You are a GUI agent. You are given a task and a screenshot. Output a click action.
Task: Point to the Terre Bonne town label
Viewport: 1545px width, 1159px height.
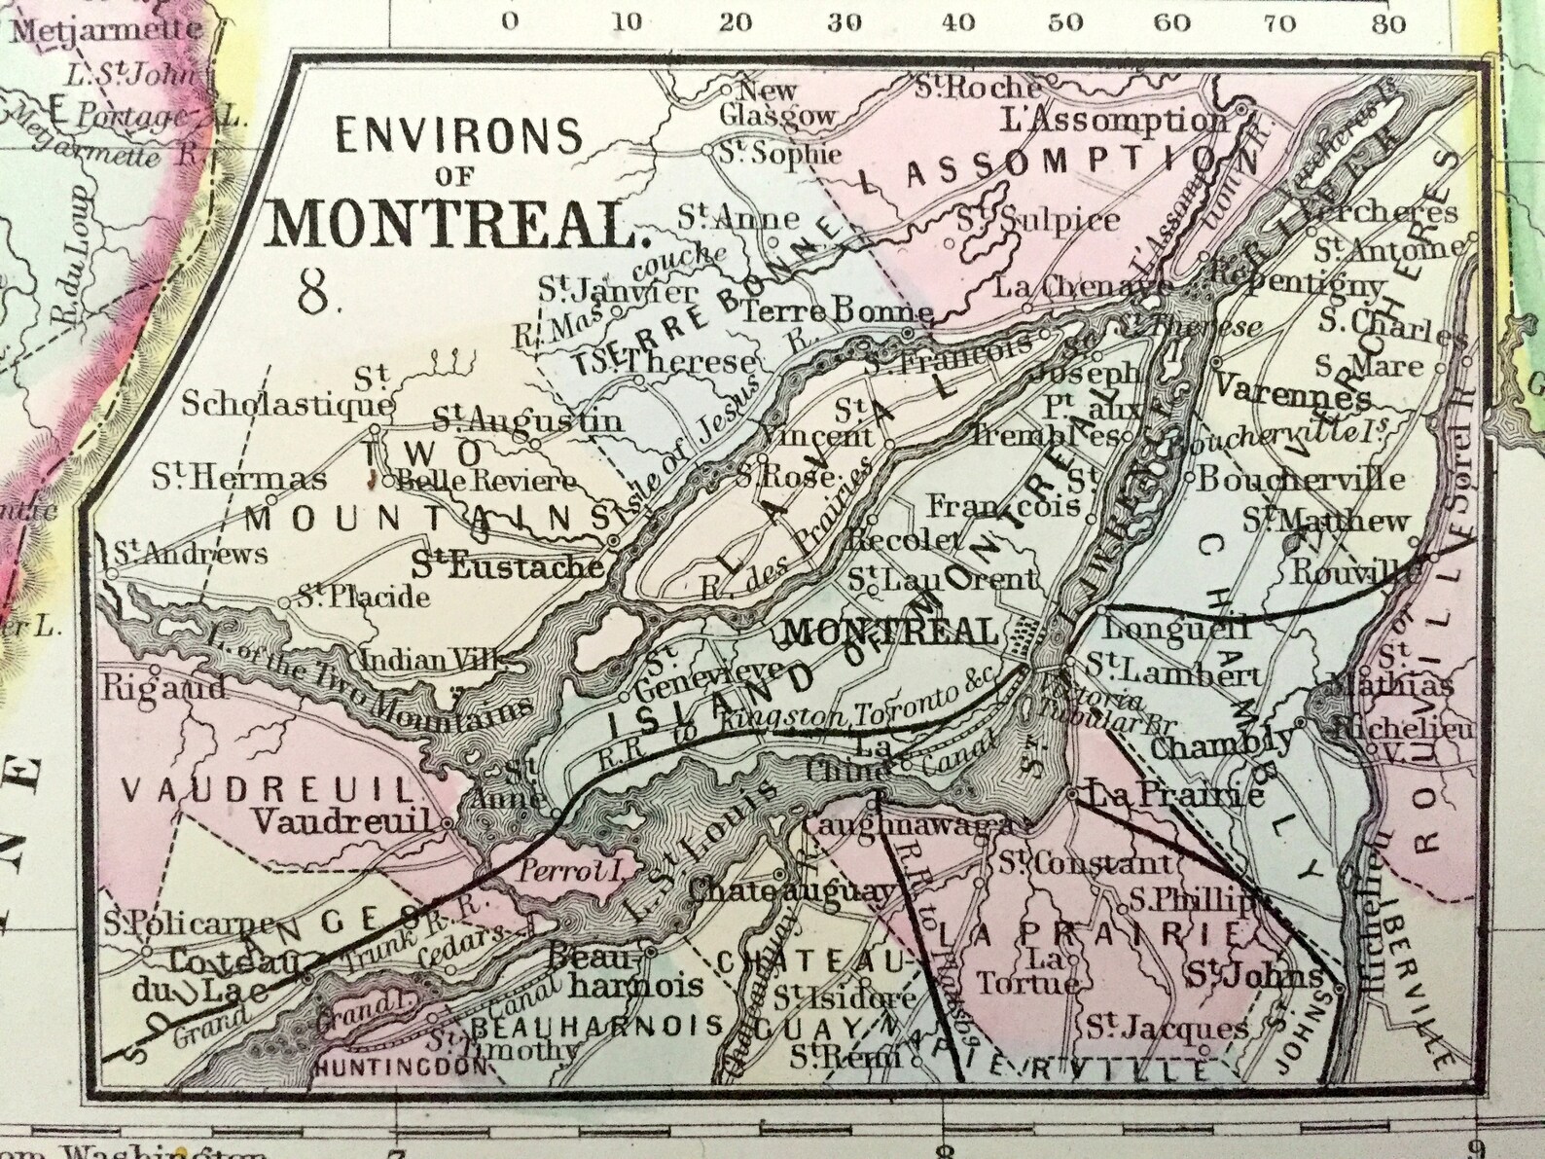click(x=838, y=312)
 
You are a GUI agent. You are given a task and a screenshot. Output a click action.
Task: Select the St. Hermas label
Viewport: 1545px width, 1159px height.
click(x=239, y=478)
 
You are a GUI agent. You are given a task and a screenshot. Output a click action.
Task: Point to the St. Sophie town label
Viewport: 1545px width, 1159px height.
click(x=779, y=154)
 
